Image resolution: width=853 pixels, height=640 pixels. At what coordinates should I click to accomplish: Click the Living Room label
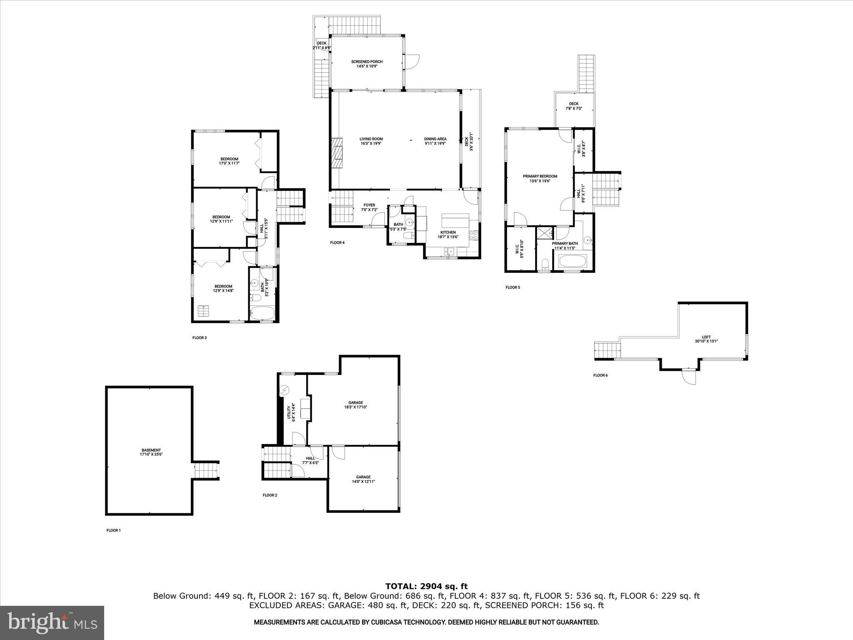(371, 141)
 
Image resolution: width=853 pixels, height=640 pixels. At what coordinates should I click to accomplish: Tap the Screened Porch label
(367, 64)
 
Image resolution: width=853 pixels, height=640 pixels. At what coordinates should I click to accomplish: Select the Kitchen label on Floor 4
(448, 235)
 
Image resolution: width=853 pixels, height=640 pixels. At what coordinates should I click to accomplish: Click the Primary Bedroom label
(540, 178)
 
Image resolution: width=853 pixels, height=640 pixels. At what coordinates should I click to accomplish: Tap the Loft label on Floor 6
(706, 339)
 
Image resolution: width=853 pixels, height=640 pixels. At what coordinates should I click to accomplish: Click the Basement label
(151, 452)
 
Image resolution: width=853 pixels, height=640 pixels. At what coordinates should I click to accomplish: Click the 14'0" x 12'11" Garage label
(363, 479)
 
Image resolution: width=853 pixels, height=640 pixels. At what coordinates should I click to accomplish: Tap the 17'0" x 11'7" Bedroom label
(229, 161)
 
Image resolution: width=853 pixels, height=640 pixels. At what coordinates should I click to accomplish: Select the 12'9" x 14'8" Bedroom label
(223, 288)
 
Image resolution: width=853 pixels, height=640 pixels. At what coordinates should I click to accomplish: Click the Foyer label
(369, 207)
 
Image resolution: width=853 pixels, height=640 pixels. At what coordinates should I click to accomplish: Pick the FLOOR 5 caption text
(513, 287)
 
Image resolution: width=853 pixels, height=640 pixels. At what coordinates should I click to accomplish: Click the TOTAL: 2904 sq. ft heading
(426, 586)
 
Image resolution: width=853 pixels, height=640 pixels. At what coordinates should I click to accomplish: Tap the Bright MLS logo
(52, 623)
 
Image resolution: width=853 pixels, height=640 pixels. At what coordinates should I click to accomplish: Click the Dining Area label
(435, 141)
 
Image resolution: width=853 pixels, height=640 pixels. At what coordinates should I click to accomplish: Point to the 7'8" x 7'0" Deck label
(574, 106)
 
